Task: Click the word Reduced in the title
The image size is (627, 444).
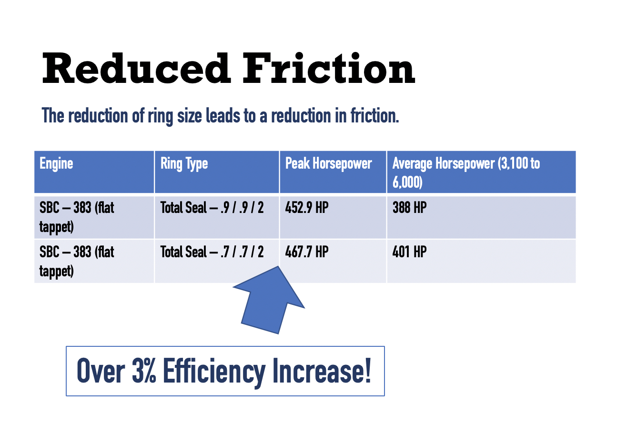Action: pos(136,68)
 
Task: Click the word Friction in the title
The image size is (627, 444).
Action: pos(329,68)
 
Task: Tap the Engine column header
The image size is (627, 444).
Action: pos(56,164)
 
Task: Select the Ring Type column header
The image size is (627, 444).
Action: pos(184,164)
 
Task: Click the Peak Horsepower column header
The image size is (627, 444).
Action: pos(329,163)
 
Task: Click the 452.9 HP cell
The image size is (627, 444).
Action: pos(307,208)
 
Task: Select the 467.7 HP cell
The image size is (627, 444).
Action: pos(307,252)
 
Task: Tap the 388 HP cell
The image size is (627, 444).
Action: pos(410,208)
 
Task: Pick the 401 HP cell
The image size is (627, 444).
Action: pos(410,252)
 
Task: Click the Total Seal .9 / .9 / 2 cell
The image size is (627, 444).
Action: pos(212,208)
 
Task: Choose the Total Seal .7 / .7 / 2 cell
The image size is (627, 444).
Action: pos(212,252)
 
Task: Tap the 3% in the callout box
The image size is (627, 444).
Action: pos(144,371)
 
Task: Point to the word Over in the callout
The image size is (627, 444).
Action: pos(101,371)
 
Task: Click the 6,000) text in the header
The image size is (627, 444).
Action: pos(407,182)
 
